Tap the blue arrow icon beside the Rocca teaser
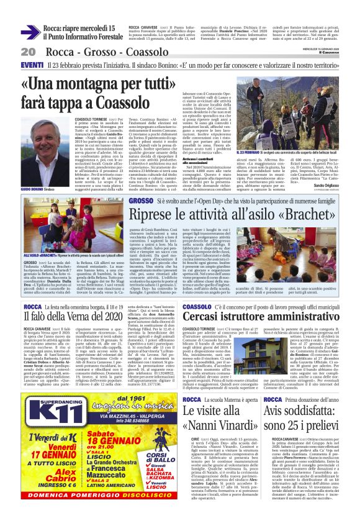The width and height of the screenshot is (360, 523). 30,32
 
